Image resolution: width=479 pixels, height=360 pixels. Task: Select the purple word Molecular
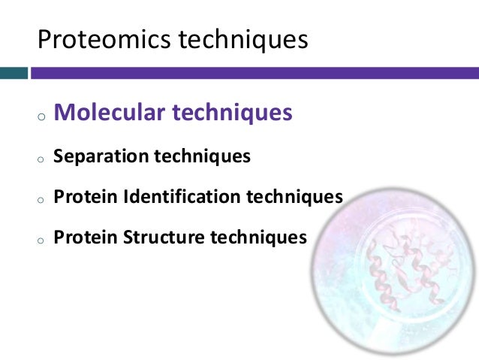[x=110, y=113]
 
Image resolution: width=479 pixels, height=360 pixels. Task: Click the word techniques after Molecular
[x=232, y=113]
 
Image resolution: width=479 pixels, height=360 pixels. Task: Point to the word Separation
[x=101, y=157]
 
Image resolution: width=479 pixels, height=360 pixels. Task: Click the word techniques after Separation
[x=202, y=157]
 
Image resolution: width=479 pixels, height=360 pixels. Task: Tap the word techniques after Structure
[x=258, y=237]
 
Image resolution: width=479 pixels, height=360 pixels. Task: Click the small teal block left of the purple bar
[x=14, y=74]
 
